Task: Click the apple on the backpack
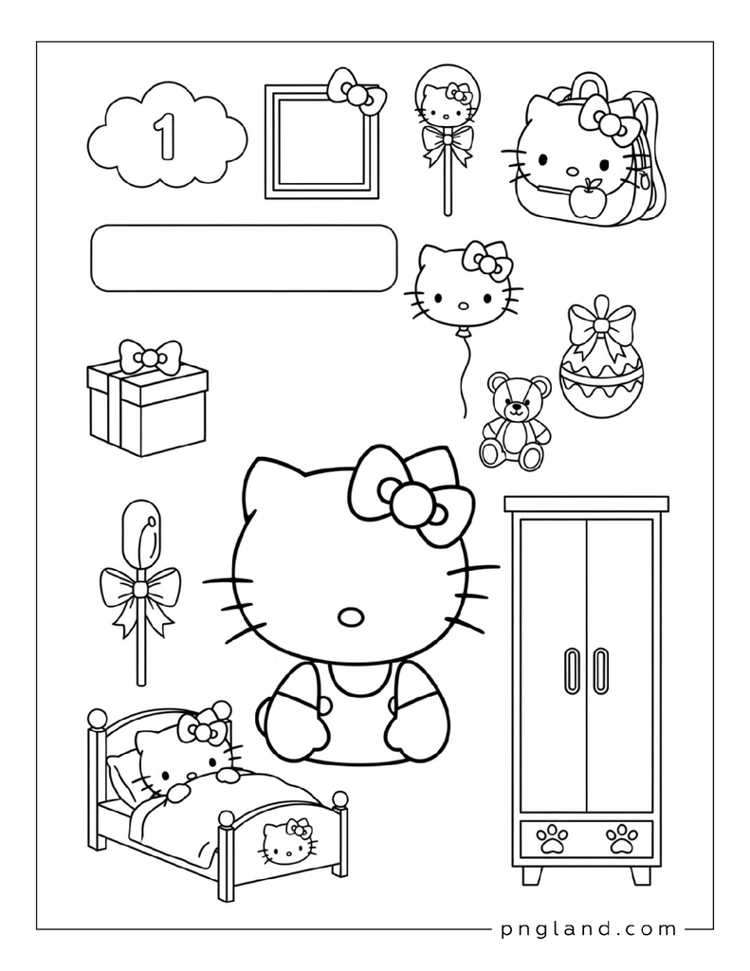[x=585, y=199]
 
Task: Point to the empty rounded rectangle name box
[x=244, y=258]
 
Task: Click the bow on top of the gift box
[x=150, y=357]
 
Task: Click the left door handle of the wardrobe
[x=572, y=670]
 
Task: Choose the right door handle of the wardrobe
[x=600, y=670]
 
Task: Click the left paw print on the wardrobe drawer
[x=552, y=839]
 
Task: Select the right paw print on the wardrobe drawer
[x=621, y=839]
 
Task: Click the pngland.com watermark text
[x=588, y=929]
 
